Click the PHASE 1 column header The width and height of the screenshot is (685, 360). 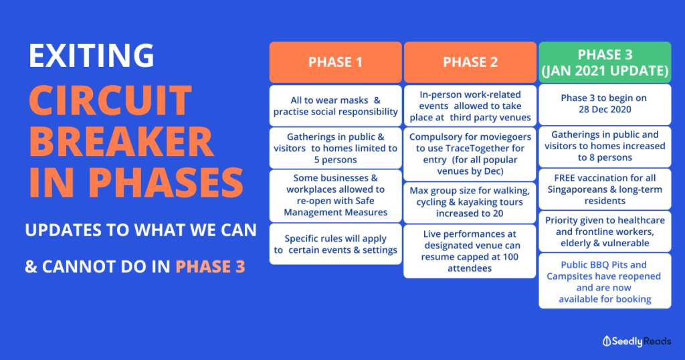click(x=336, y=62)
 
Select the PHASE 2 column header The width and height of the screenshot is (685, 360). click(x=470, y=62)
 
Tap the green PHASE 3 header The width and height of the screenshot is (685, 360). click(x=605, y=62)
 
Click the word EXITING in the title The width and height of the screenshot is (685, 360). click(x=91, y=56)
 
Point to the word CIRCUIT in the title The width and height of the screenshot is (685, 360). click(x=110, y=100)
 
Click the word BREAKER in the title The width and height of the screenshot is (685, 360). click(x=122, y=141)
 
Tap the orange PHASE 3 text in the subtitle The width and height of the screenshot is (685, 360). click(x=210, y=266)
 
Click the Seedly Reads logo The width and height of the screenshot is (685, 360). click(x=637, y=341)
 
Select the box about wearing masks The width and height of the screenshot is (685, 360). click(x=336, y=106)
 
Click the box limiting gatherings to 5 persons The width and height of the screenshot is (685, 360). click(x=336, y=148)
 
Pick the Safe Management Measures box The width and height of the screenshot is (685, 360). click(x=336, y=196)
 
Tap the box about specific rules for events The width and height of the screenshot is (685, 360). click(x=336, y=244)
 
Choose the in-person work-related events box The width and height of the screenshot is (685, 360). click(x=470, y=106)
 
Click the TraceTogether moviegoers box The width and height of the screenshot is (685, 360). click(x=470, y=154)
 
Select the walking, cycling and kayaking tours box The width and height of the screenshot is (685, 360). click(x=470, y=202)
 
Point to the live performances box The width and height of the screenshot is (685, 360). click(x=470, y=251)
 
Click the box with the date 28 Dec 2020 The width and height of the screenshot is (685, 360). click(x=605, y=104)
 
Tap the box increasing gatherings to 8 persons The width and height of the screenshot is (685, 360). click(x=605, y=147)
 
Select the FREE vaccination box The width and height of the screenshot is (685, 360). click(x=605, y=189)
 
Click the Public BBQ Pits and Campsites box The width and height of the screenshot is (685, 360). click(x=605, y=281)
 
